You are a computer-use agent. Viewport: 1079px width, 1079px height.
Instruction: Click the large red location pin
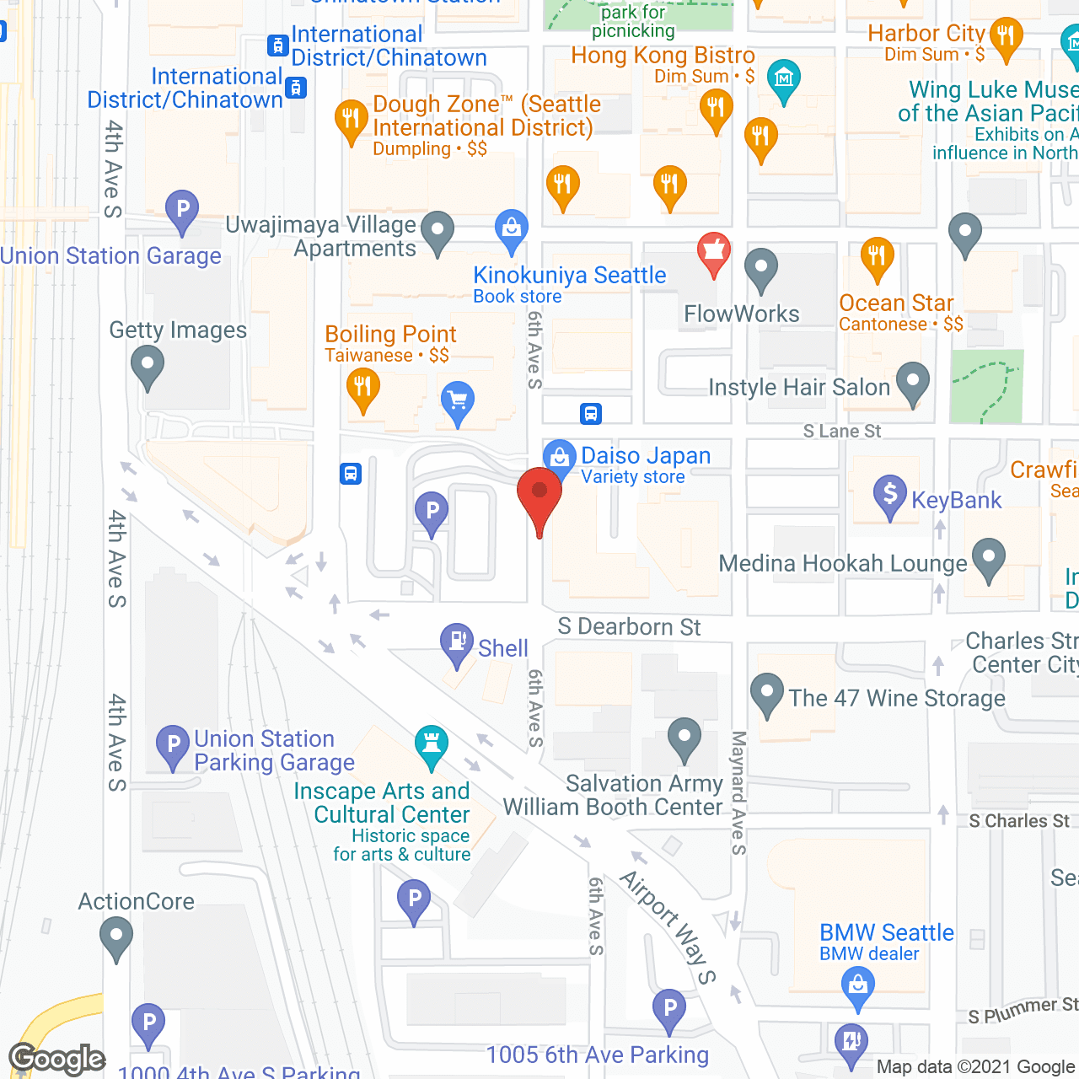539,495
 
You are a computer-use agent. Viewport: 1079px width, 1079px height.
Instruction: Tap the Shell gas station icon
457,643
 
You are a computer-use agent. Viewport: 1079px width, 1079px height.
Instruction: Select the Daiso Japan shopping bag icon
559,458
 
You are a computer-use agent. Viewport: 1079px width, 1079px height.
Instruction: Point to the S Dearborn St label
629,627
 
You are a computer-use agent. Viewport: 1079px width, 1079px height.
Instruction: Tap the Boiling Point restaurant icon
362,389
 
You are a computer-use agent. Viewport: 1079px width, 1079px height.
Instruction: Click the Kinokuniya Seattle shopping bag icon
511,228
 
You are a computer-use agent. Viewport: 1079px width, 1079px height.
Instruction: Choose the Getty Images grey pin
148,368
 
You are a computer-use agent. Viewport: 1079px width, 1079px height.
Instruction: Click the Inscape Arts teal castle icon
432,744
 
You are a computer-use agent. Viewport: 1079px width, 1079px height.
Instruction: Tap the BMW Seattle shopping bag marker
858,985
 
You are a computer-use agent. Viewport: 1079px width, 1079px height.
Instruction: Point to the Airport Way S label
668,926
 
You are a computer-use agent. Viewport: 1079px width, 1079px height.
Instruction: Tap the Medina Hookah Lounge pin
988,558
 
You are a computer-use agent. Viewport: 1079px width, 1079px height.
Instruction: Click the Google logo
56,1059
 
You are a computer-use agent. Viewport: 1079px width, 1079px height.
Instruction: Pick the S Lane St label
841,432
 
